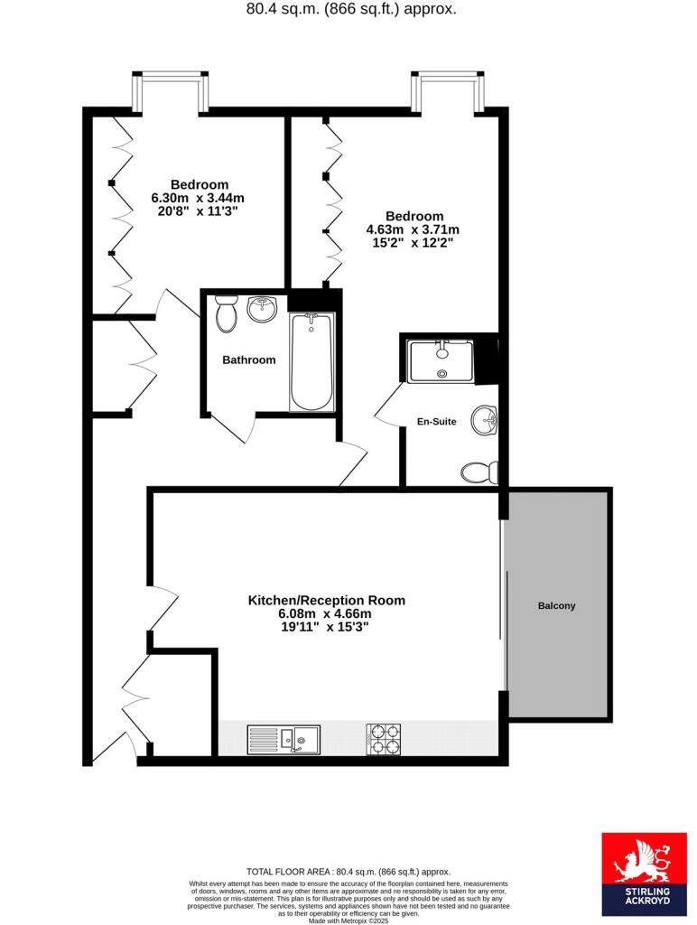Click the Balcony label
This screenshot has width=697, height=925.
(x=556, y=606)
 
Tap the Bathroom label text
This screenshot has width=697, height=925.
(x=249, y=360)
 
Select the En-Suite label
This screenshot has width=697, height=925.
(x=436, y=421)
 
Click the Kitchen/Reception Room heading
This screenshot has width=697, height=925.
(x=326, y=601)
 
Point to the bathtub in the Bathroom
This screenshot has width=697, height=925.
(x=312, y=361)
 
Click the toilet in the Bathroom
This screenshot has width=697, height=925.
(x=226, y=313)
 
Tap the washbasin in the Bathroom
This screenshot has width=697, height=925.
(x=262, y=308)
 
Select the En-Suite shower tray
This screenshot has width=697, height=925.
(x=441, y=361)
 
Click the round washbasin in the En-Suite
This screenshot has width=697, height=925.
(x=485, y=420)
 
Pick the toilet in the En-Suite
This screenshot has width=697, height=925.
(x=479, y=472)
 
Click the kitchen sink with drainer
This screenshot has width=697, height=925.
(x=283, y=740)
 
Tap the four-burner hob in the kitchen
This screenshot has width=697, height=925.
(x=384, y=740)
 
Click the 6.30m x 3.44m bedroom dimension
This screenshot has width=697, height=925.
(x=198, y=198)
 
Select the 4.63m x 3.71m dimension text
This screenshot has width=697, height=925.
(x=413, y=229)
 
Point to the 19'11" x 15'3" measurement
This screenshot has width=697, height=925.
(x=325, y=627)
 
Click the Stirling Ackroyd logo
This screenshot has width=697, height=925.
(x=644, y=874)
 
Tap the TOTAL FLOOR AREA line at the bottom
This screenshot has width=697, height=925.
(x=348, y=872)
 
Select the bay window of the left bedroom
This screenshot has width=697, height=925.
(x=171, y=91)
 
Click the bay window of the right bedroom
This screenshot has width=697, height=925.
(x=448, y=91)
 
